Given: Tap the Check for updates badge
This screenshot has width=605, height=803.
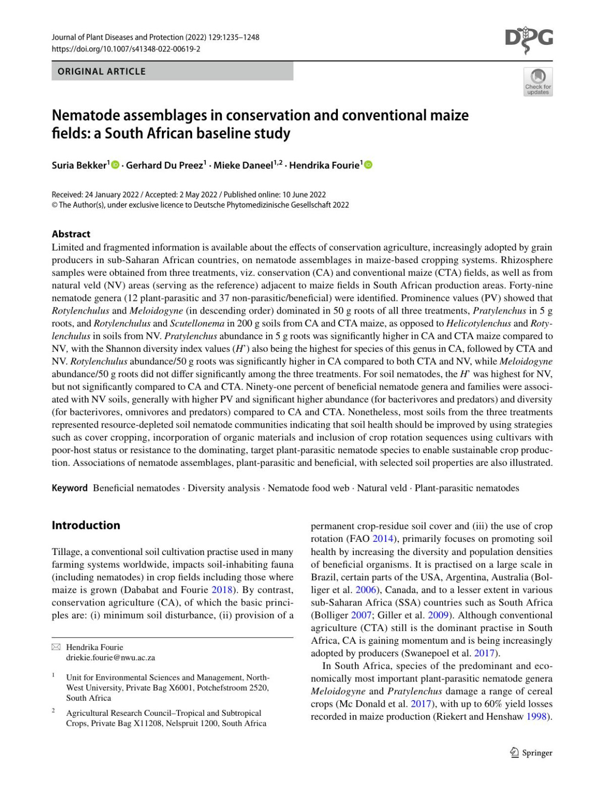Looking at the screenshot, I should pos(538,82).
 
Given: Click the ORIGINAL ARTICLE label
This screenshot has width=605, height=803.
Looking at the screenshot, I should pos(101,72).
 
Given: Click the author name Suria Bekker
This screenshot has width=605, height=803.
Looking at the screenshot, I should pos(79,165).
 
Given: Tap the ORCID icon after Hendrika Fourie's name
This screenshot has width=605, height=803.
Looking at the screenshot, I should pos(368,165).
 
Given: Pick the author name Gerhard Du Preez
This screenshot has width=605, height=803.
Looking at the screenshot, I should pos(164,165).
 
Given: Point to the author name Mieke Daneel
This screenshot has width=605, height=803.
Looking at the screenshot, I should pos(243,165).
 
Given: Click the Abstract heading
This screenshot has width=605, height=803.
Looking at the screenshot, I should pos(71,234).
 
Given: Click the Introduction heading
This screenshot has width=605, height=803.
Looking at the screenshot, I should pos(86,525).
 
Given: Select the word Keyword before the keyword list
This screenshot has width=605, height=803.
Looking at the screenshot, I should pos(70,488).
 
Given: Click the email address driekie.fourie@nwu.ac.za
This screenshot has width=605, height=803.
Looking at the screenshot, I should pos(110,657).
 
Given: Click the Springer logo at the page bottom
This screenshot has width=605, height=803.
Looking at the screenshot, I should pos(531,753).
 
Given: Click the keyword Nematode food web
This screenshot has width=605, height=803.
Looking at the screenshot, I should pos(308,488).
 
